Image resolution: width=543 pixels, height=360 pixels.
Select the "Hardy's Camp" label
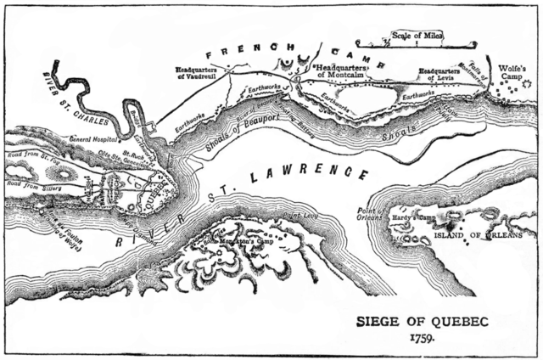[412, 218]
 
